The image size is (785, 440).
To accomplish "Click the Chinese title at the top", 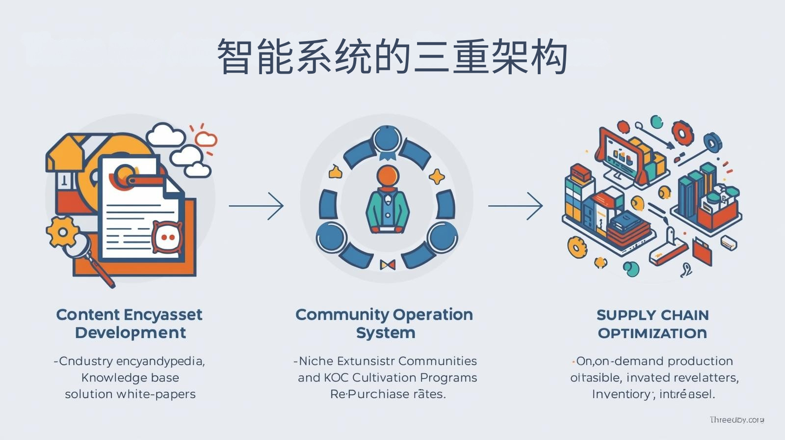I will [392, 56].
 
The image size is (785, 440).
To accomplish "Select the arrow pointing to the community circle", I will [256, 206].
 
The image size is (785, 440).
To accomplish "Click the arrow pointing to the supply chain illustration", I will [515, 206].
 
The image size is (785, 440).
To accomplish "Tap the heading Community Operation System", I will [385, 323].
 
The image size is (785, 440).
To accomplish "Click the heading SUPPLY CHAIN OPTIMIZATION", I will [653, 324].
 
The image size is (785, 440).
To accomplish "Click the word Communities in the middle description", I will [438, 361].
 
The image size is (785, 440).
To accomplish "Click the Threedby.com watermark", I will [736, 420].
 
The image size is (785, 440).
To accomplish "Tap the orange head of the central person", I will [388, 176].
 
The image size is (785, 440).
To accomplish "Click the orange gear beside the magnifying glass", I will [62, 231].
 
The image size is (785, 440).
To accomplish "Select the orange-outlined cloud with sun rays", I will [206, 139].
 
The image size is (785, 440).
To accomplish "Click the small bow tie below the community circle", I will [388, 265].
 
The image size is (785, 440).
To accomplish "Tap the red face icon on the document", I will [167, 237].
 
